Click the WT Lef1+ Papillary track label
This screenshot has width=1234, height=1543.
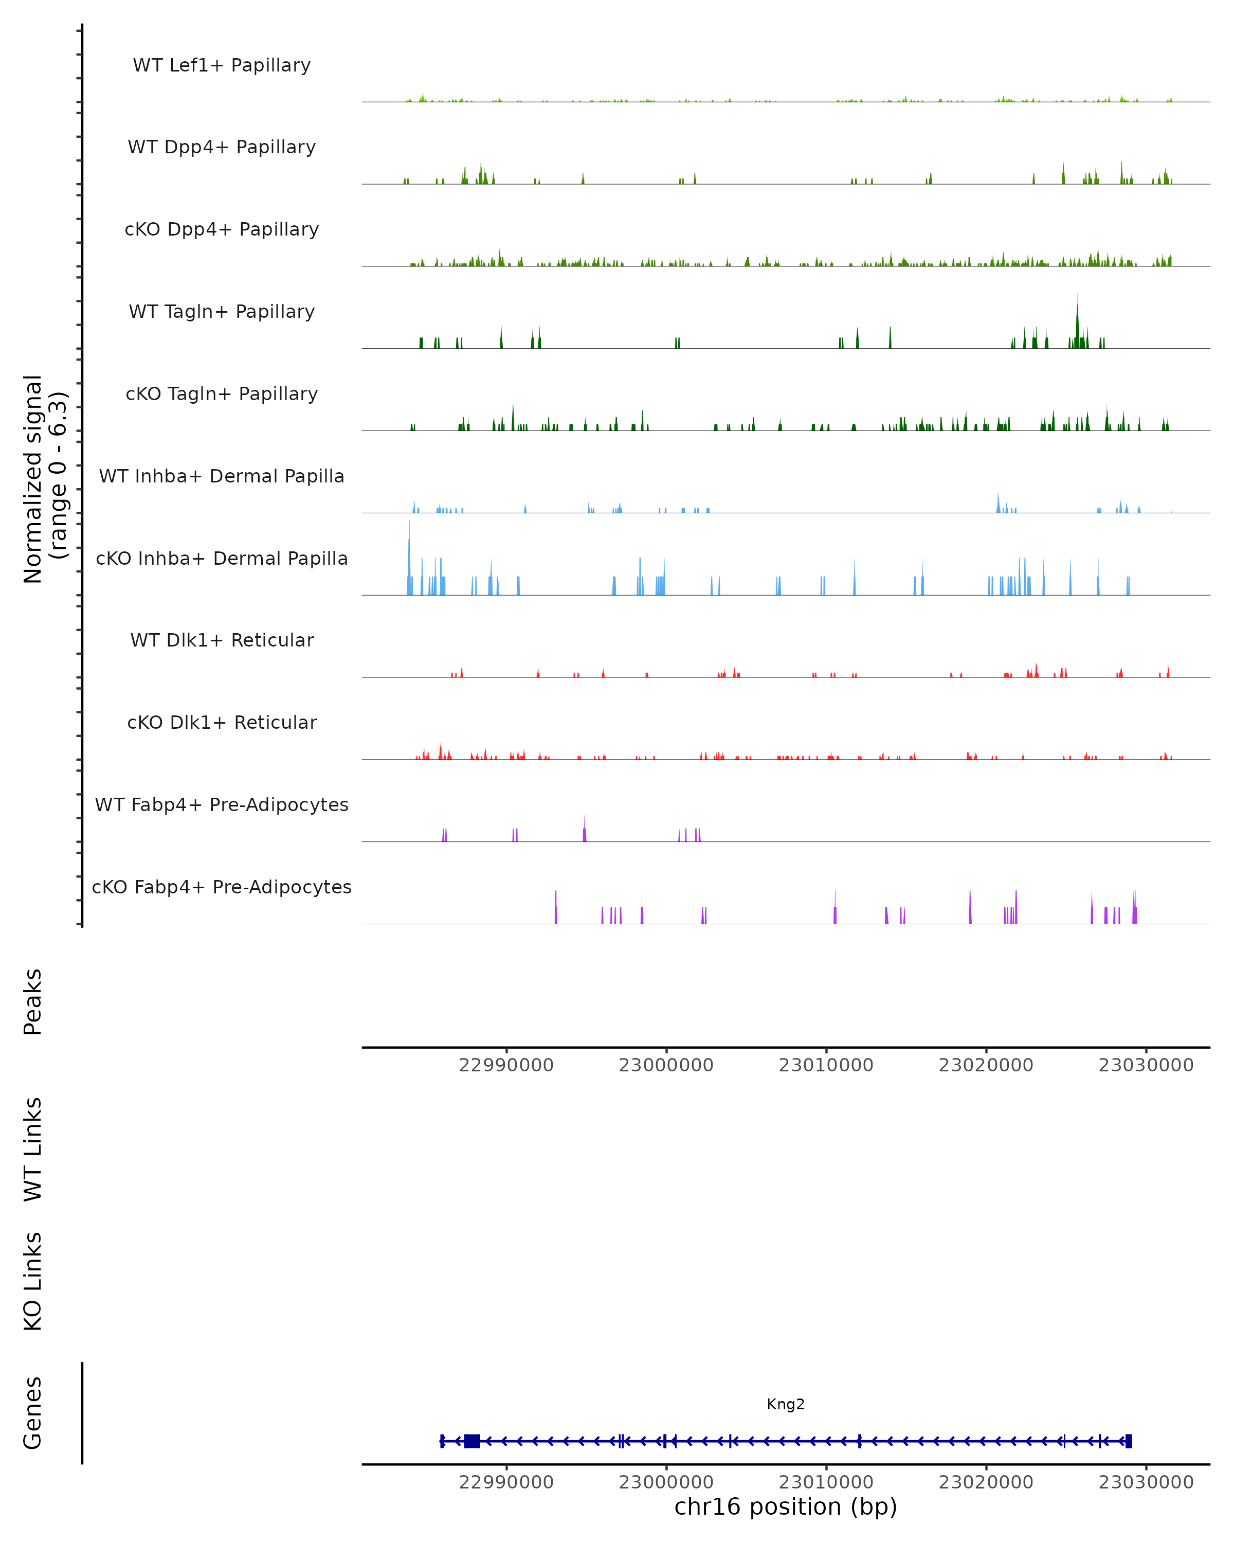222,66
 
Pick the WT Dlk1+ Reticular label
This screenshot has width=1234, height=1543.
222,640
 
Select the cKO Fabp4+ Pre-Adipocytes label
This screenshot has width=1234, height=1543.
222,887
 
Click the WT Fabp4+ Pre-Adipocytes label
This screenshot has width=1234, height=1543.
222,805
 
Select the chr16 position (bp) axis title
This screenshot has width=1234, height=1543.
786,1507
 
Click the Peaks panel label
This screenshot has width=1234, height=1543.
33,1001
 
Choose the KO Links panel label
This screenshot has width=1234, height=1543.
33,1281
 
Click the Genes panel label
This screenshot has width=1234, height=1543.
33,1413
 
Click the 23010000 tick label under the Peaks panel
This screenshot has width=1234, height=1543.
826,1066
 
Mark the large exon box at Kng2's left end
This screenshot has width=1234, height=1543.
472,1441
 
